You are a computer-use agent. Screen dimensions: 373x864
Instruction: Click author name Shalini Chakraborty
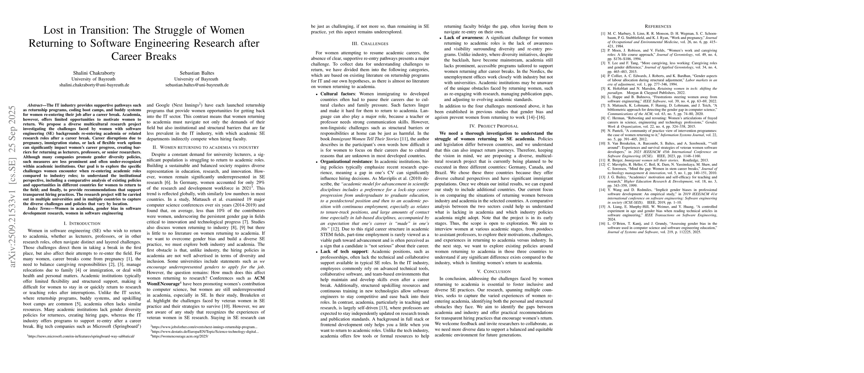coord(94,73)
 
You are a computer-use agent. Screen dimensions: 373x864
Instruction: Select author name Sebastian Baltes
coord(197,73)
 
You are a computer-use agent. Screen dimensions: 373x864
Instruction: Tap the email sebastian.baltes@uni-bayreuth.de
coord(197,85)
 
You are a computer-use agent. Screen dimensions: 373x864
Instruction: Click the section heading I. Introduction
coord(82,223)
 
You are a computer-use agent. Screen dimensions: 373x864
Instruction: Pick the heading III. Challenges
coord(370,44)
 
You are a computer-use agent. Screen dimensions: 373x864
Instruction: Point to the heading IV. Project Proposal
coord(494,126)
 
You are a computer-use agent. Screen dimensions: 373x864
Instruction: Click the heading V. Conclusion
coord(494,271)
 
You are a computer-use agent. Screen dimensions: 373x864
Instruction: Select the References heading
coord(658,26)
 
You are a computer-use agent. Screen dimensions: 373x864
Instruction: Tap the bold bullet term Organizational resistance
coord(347,161)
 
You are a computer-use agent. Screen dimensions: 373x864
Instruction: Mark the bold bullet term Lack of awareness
coord(464,38)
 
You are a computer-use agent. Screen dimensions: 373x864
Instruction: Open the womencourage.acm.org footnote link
coord(180,336)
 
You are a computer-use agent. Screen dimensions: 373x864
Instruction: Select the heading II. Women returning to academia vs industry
coord(206,147)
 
